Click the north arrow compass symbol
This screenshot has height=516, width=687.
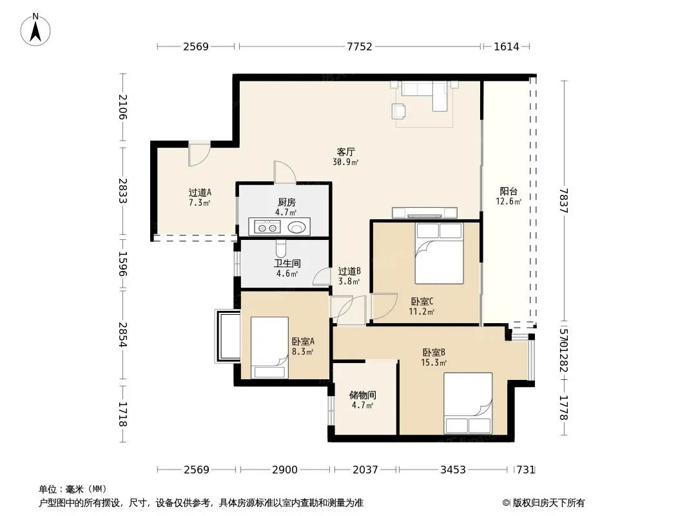tap(35, 30)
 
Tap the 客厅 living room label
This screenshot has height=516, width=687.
tap(345, 152)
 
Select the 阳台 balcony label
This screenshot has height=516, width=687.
tap(508, 192)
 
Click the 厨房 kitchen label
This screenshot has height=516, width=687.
tap(287, 202)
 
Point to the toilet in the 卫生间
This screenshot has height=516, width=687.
tap(281, 248)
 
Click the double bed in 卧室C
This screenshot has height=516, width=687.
tap(440, 253)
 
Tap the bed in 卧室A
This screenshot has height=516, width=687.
tap(269, 348)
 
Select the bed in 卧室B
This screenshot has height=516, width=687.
tap(468, 403)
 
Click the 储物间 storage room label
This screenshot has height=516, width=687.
tap(362, 395)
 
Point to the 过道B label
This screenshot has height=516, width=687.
tap(349, 272)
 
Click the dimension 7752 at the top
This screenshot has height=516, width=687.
tap(359, 46)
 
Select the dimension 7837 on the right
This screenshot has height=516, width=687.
tap(564, 201)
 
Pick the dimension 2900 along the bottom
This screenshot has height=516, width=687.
tap(285, 470)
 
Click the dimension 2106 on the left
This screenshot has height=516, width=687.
tap(122, 107)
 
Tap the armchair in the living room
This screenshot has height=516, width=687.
tap(398, 111)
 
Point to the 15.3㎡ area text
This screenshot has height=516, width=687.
tap(434, 362)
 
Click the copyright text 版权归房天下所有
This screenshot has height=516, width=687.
tap(549, 503)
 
